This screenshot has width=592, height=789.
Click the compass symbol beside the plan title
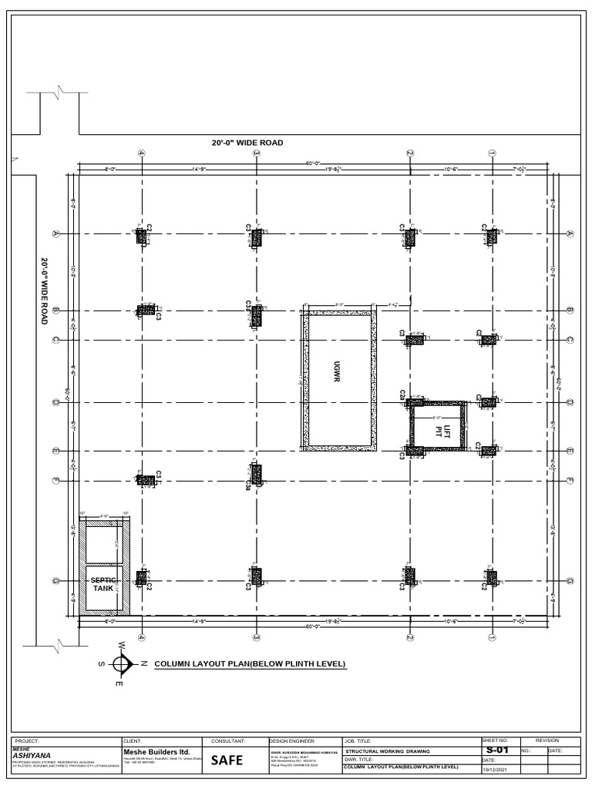(x=122, y=663)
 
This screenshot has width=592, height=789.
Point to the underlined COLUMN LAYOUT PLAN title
(x=250, y=663)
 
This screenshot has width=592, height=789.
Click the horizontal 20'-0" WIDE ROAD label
(x=247, y=143)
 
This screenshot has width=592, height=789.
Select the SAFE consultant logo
(x=227, y=760)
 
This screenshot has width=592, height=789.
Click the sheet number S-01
(x=497, y=750)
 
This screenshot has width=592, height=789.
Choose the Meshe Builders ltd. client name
(x=152, y=752)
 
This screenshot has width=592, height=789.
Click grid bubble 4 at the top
(x=142, y=153)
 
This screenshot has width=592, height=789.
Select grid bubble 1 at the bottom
(x=491, y=637)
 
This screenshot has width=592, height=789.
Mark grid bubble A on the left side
(x=55, y=233)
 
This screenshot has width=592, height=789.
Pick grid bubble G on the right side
(x=570, y=581)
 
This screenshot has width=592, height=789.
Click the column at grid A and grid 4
(x=142, y=237)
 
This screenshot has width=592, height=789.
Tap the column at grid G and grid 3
(x=257, y=576)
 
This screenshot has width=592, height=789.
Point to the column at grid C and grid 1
(x=488, y=340)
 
